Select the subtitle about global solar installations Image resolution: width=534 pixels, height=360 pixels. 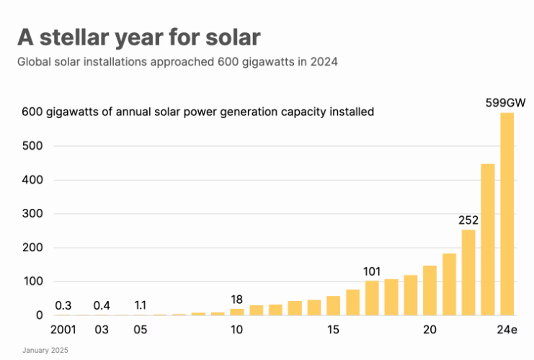click(177, 62)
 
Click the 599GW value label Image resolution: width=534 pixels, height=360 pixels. click(505, 103)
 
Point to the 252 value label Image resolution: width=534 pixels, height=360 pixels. click(468, 220)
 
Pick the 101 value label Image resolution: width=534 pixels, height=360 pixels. click(372, 271)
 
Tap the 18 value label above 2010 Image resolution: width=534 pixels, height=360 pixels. click(237, 299)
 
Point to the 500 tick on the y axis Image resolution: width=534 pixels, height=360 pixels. click(32, 146)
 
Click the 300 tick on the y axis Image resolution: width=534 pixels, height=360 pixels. click(32, 214)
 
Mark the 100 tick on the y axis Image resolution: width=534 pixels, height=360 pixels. click(32, 282)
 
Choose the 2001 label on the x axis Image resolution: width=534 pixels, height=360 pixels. click(63, 330)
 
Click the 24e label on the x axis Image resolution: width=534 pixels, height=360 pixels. click(507, 330)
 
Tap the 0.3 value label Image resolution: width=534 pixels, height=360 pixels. click(63, 305)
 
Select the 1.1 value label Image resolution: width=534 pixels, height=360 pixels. click(141, 305)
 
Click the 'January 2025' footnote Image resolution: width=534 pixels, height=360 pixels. click(45, 350)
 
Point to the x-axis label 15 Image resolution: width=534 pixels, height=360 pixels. click(333, 330)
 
